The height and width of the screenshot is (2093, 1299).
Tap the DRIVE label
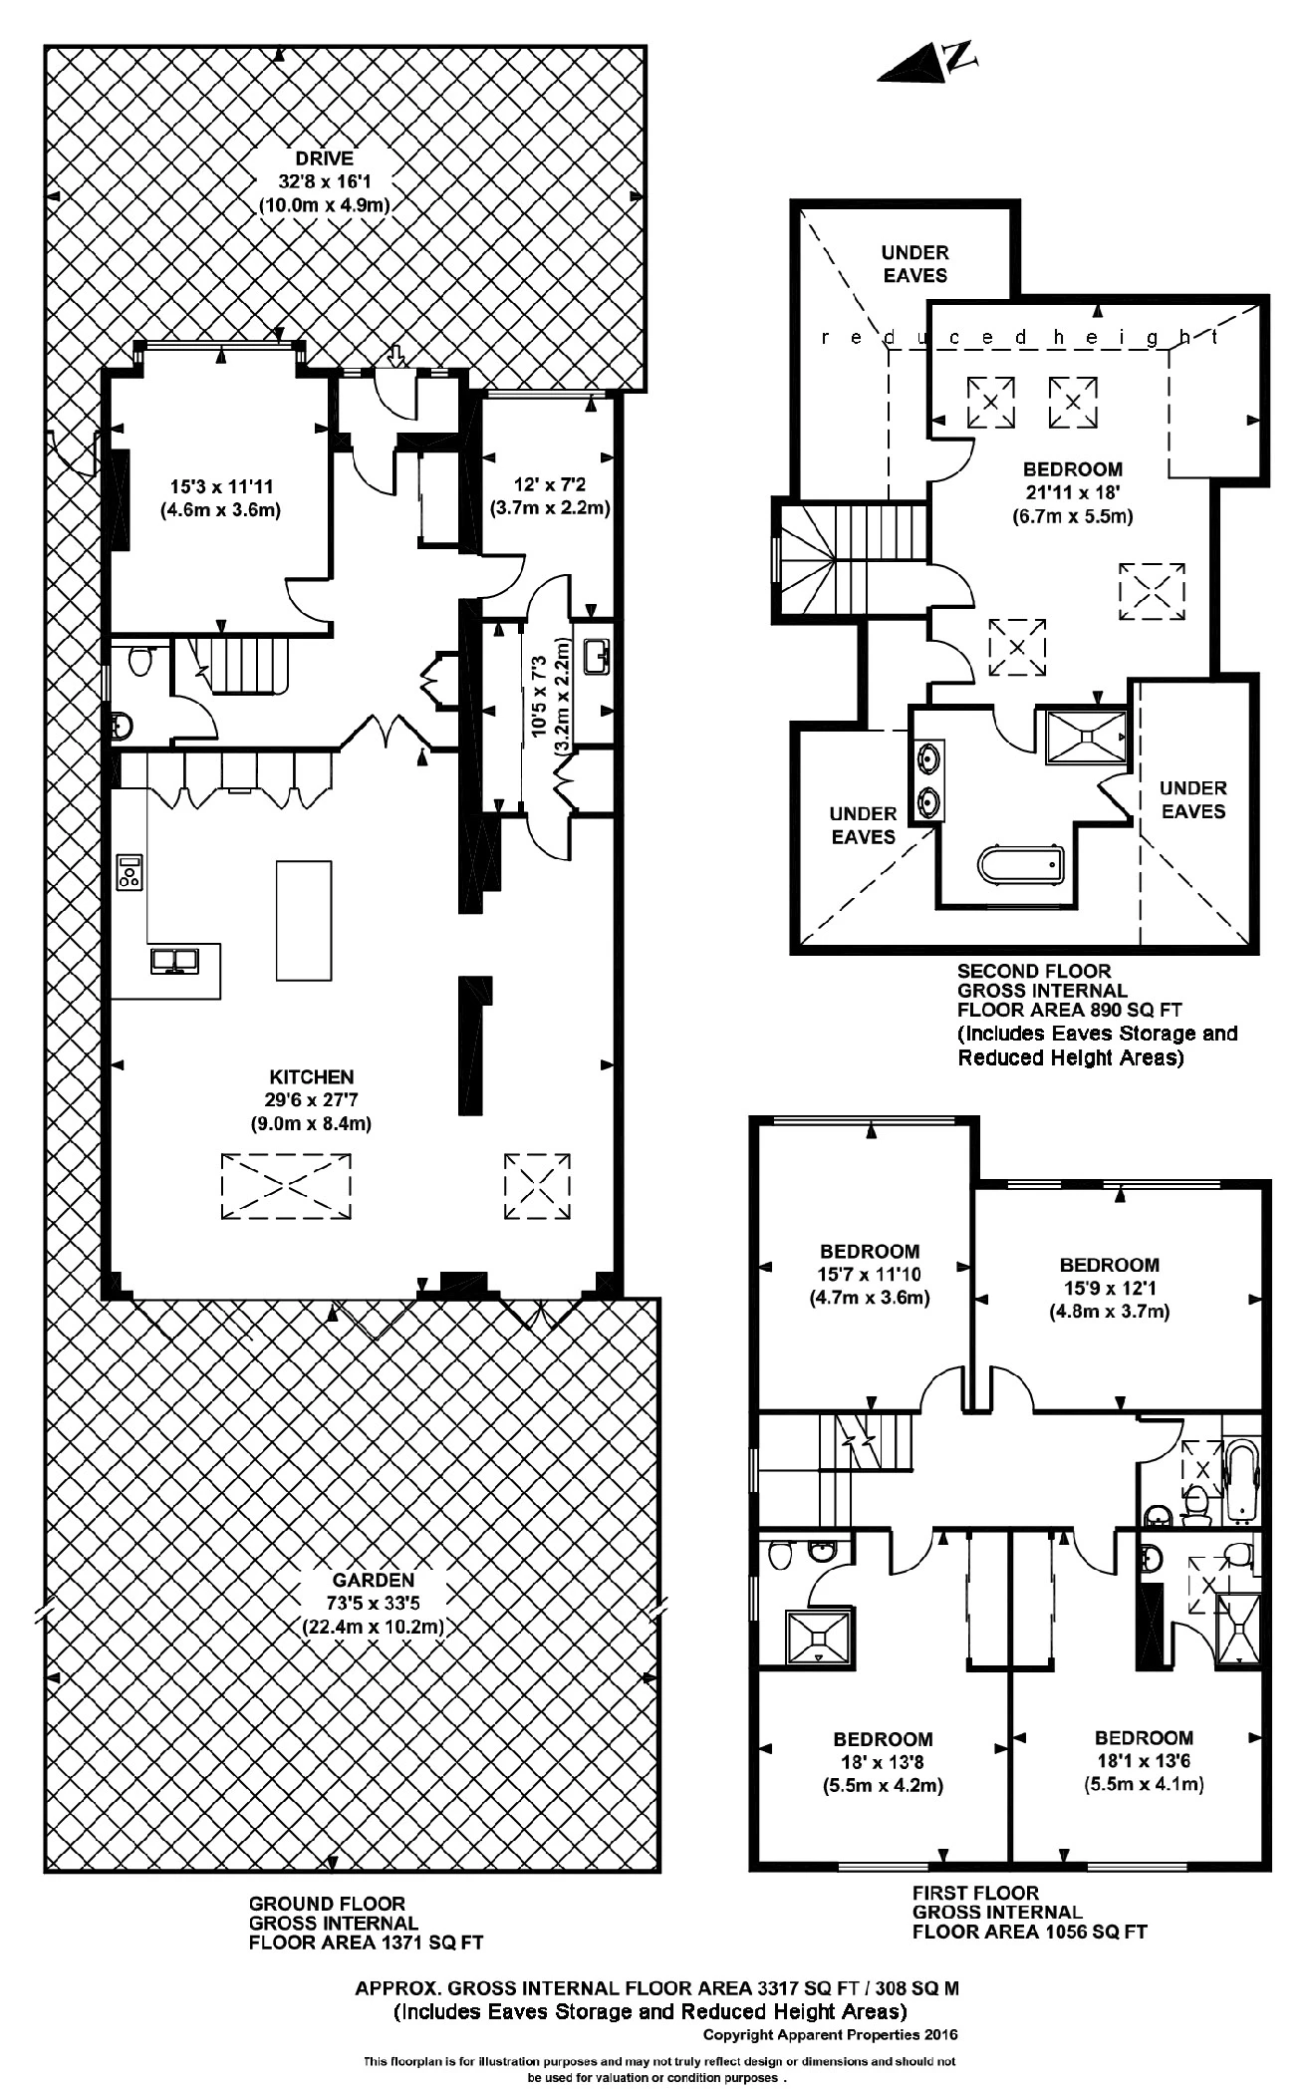[x=324, y=157]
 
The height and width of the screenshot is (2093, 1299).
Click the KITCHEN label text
[x=311, y=1076]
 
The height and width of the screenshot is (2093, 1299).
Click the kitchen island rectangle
[x=304, y=920]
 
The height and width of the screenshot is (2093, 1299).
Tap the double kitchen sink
[x=174, y=960]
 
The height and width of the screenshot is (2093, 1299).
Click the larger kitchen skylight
[x=286, y=1185]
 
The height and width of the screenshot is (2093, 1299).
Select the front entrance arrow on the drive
[x=395, y=355]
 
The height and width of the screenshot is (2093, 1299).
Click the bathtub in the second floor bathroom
[x=1021, y=864]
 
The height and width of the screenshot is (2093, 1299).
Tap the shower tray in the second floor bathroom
[x=1086, y=737]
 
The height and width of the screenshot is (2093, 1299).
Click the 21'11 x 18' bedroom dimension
[x=1073, y=492]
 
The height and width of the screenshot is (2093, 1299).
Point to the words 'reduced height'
[x=1020, y=338]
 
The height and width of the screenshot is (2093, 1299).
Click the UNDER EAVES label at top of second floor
[x=914, y=263]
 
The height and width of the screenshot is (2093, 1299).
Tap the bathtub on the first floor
[x=1242, y=1481]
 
